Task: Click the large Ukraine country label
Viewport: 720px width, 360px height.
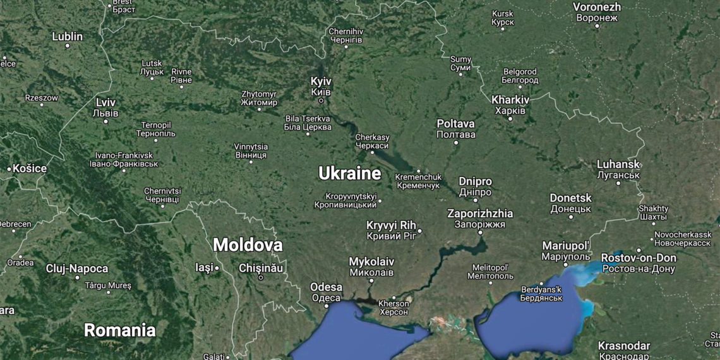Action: click(x=349, y=174)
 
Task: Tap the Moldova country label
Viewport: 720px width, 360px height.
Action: click(x=247, y=245)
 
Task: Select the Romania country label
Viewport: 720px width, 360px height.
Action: click(x=119, y=330)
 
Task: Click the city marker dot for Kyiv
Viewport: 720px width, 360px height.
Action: click(x=321, y=100)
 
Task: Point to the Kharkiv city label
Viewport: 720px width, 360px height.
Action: click(x=510, y=100)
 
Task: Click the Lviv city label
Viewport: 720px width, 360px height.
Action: click(x=105, y=102)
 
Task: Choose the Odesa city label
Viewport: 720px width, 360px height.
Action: click(x=326, y=287)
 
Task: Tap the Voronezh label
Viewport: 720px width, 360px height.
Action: click(x=597, y=7)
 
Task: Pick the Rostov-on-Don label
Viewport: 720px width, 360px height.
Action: click(x=638, y=258)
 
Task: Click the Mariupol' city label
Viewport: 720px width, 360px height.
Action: click(x=566, y=245)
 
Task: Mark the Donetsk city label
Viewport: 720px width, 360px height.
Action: click(x=570, y=198)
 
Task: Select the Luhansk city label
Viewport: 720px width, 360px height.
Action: click(x=618, y=164)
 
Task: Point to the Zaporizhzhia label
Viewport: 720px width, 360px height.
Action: click(x=480, y=213)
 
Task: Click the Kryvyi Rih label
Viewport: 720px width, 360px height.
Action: click(x=392, y=225)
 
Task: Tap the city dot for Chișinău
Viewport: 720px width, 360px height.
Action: click(x=260, y=277)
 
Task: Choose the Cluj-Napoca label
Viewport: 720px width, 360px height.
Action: click(x=77, y=268)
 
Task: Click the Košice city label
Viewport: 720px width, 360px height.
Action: click(x=30, y=169)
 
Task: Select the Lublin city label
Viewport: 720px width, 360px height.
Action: click(x=67, y=36)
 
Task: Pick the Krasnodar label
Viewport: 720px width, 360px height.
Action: click(x=624, y=345)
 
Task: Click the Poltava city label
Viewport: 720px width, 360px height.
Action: click(x=455, y=124)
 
